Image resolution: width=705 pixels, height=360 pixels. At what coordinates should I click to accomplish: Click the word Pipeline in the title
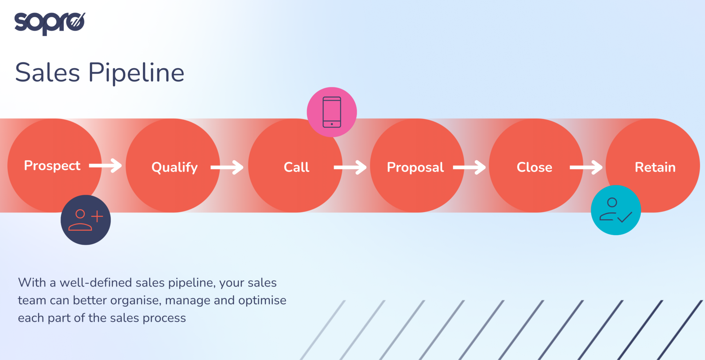pyautogui.click(x=136, y=73)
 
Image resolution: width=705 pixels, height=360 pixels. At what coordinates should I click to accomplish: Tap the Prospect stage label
pyautogui.click(x=52, y=166)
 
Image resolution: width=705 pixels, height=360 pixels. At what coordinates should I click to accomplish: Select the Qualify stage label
pyautogui.click(x=174, y=167)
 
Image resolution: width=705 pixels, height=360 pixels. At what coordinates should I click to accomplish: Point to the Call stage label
pyautogui.click(x=296, y=167)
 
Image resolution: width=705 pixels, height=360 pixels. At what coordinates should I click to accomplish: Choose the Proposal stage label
pyautogui.click(x=415, y=167)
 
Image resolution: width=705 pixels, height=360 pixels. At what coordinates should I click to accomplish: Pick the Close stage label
pyautogui.click(x=534, y=167)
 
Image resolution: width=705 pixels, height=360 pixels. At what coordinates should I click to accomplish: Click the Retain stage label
pyautogui.click(x=655, y=167)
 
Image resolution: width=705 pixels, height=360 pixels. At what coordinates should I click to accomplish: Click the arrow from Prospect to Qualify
pyautogui.click(x=106, y=166)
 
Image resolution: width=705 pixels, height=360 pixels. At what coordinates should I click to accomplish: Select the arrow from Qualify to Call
pyautogui.click(x=227, y=167)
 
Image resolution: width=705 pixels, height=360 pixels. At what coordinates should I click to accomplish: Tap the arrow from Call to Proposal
pyautogui.click(x=350, y=167)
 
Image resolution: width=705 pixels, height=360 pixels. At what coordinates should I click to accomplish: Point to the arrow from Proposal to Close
pyautogui.click(x=469, y=167)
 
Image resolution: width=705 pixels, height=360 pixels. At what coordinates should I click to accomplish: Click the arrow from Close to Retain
pyautogui.click(x=586, y=167)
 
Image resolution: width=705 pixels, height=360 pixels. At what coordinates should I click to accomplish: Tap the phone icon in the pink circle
pyautogui.click(x=332, y=112)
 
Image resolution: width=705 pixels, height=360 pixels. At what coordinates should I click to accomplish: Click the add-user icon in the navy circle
pyautogui.click(x=85, y=220)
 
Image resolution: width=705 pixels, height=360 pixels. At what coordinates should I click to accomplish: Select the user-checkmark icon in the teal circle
pyautogui.click(x=616, y=210)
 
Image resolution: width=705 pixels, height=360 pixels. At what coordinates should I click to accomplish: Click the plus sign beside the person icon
pyautogui.click(x=97, y=217)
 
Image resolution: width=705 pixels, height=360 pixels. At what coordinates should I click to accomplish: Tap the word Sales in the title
pyautogui.click(x=48, y=72)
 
